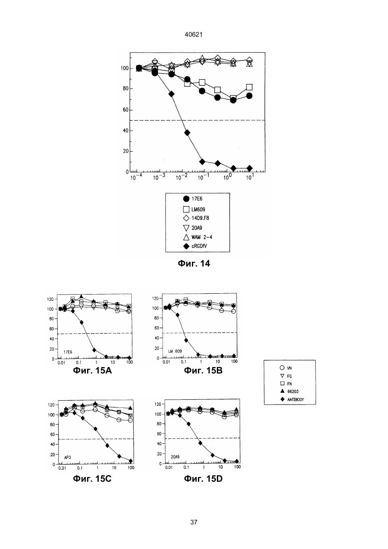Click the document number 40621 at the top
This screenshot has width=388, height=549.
point(194,35)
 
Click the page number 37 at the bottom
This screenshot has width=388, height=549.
point(194,522)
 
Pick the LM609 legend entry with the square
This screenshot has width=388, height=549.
point(194,209)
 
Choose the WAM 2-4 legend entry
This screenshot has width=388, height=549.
point(197,237)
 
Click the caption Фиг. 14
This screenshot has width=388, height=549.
point(194,264)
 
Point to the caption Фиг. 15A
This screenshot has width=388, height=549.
point(92,370)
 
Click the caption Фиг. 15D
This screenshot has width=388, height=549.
point(203,479)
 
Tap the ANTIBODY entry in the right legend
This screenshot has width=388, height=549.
point(292,399)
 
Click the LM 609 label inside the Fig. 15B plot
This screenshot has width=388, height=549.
point(175,351)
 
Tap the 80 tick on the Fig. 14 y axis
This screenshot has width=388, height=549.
point(125,89)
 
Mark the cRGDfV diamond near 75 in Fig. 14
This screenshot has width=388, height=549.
point(172,94)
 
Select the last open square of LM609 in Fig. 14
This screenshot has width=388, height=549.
point(249,87)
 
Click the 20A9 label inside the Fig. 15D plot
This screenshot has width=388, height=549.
point(175,457)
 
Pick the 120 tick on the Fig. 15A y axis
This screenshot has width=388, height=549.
point(50,299)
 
